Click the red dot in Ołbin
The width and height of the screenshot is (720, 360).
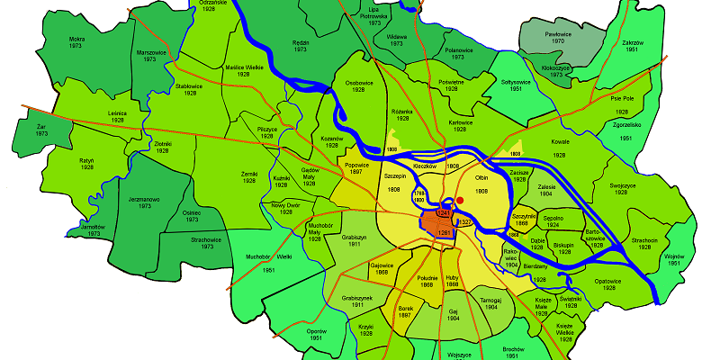pyautogui.click(x=460, y=200)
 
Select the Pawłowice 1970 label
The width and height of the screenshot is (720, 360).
pyautogui.click(x=559, y=37)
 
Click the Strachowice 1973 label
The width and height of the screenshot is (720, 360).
pyautogui.click(x=206, y=244)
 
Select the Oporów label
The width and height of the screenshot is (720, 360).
pyautogui.click(x=314, y=334)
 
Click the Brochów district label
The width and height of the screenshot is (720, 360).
pyautogui.click(x=513, y=350)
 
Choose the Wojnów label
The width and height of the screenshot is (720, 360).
pyautogui.click(x=674, y=259)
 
